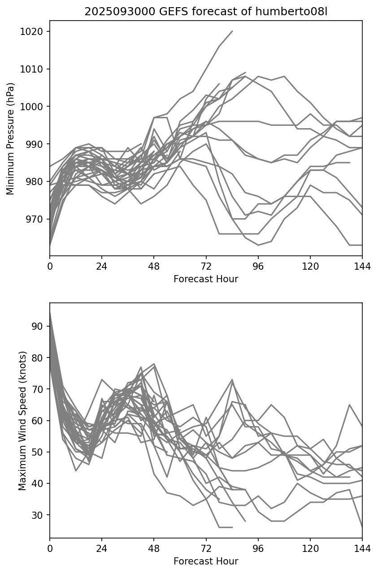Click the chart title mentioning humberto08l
[x=206, y=12]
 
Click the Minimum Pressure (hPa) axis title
[x=11, y=138]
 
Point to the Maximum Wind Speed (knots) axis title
[x=22, y=420]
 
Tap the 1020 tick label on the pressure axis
[x=34, y=32]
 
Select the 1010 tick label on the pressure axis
[x=34, y=69]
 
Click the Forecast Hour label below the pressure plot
[x=206, y=279]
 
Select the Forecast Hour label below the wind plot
[x=206, y=561]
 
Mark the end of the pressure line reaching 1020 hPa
[x=232, y=31]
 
